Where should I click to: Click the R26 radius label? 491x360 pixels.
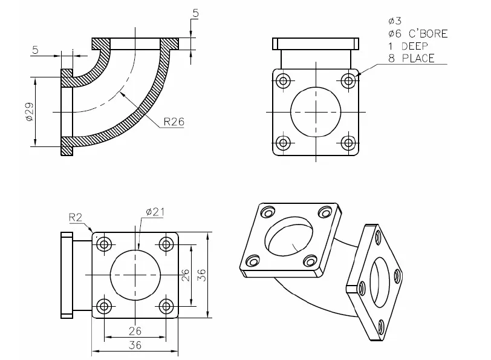tap(173, 121)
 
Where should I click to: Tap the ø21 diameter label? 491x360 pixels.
tap(155, 211)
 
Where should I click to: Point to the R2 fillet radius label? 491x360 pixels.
tap(76, 217)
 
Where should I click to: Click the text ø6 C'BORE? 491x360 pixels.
tap(417, 34)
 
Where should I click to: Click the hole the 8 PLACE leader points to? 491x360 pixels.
tap(348, 80)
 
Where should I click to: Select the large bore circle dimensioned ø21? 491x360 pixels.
tap(135, 275)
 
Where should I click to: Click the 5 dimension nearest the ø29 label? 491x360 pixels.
tap(36, 50)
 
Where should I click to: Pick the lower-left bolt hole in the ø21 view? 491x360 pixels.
tap(105, 306)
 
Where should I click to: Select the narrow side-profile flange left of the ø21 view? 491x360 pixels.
tap(66, 275)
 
